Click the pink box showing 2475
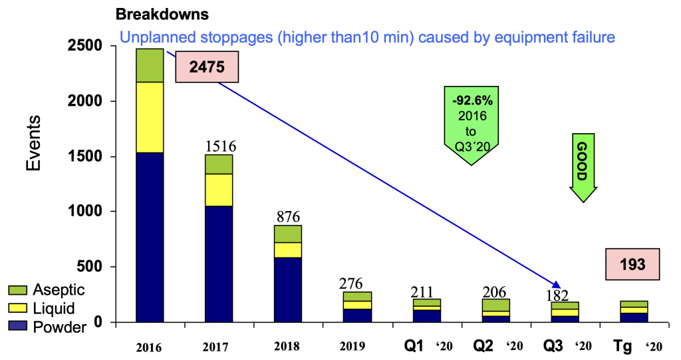(206, 67)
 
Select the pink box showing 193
(632, 264)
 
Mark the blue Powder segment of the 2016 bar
(150, 238)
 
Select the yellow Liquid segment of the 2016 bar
(150, 117)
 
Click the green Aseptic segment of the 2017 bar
(219, 164)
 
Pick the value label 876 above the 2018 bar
(288, 216)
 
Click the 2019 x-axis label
(356, 346)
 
